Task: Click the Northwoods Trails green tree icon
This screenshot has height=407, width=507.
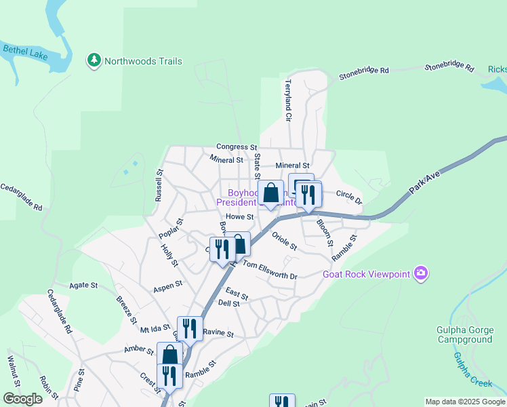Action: [94, 61]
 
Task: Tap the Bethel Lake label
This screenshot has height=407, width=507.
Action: [25, 52]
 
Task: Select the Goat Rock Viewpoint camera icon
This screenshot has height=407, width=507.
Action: [422, 273]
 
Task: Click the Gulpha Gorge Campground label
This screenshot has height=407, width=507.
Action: [464, 334]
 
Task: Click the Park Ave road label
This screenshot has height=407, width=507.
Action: [425, 184]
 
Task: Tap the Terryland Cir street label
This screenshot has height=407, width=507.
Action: [288, 100]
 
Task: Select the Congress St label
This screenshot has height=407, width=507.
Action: [237, 147]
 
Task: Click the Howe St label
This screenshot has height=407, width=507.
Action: [239, 217]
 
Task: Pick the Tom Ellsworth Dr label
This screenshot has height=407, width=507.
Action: [270, 270]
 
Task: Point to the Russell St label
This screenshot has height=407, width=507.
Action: [160, 185]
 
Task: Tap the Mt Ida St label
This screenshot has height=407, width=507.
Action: [155, 328]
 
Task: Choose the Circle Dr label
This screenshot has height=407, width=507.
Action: [349, 197]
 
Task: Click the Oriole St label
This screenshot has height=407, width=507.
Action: [285, 241]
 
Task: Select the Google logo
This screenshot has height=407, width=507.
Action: [22, 399]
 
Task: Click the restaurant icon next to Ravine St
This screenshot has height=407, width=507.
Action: [190, 329]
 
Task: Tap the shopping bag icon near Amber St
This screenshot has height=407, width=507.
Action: [169, 354]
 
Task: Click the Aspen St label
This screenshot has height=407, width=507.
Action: [168, 285]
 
